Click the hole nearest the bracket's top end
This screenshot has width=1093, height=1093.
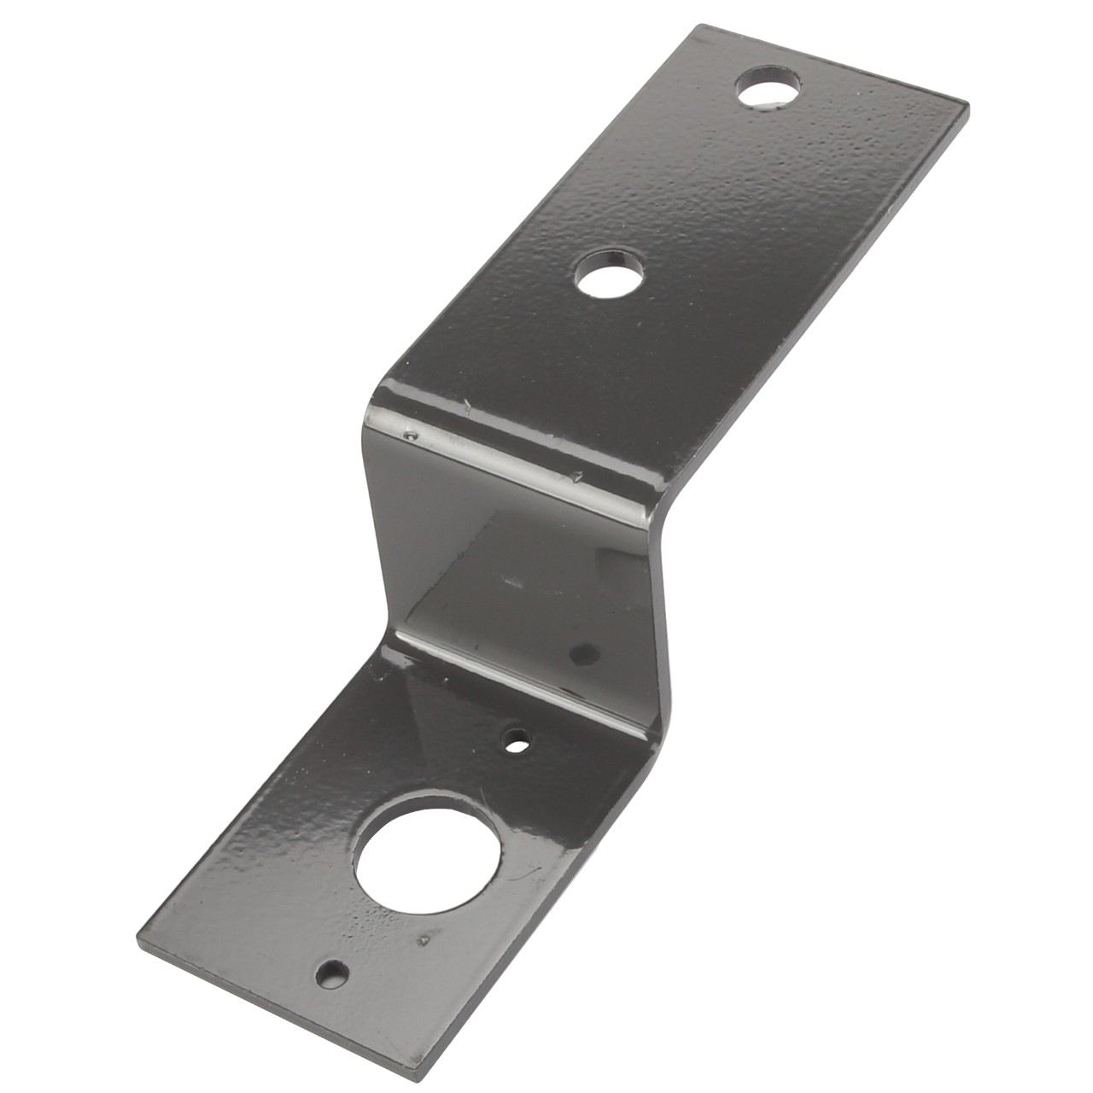point(771,88)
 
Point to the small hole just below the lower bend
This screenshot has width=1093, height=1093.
point(515,741)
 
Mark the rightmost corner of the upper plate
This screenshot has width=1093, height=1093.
point(967,106)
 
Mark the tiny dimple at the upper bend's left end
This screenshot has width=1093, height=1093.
point(412,436)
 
